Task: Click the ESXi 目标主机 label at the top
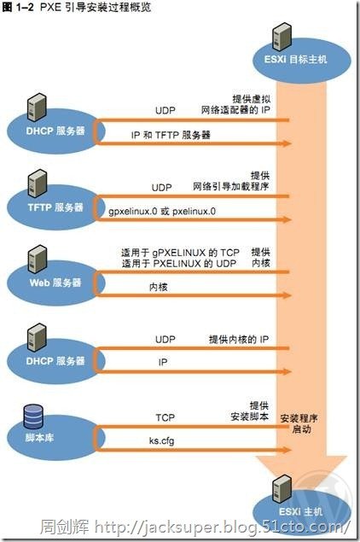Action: click(295, 59)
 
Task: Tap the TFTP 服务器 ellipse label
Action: click(55, 207)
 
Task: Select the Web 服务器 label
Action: click(55, 283)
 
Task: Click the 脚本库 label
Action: click(40, 438)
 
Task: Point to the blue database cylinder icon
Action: click(33, 417)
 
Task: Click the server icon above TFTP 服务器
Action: click(38, 184)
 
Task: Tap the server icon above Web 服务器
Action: click(38, 259)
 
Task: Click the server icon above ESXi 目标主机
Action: click(282, 37)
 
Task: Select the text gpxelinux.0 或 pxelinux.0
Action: click(162, 211)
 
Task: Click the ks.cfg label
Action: click(162, 440)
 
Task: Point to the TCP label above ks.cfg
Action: click(165, 417)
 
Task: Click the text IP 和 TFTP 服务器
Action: click(171, 135)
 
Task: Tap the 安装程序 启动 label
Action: click(299, 423)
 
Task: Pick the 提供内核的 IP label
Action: click(239, 340)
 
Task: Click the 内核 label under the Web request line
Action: click(159, 287)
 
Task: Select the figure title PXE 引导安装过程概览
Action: click(96, 8)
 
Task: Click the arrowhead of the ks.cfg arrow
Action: click(287, 450)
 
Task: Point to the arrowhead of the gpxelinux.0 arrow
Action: click(287, 219)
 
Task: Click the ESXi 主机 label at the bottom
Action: click(300, 511)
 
